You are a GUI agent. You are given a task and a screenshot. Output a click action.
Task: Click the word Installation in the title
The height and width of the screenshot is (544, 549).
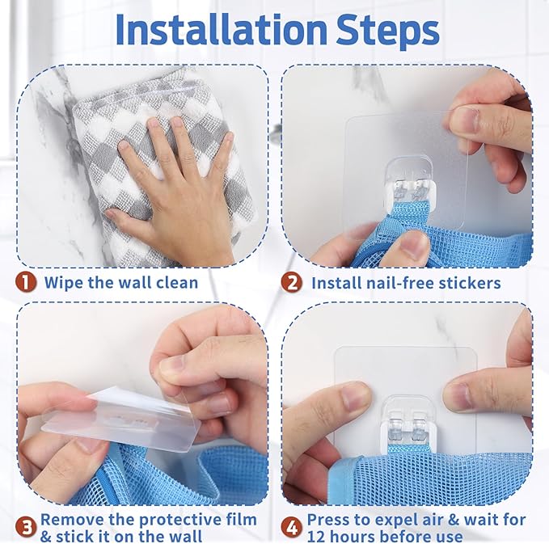pos(222,30)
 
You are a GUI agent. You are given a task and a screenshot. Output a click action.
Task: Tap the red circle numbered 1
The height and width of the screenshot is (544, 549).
pos(26,282)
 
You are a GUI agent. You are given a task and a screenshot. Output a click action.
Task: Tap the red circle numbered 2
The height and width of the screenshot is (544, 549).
pos(291,282)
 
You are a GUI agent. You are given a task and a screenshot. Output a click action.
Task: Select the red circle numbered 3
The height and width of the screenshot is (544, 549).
pos(26,528)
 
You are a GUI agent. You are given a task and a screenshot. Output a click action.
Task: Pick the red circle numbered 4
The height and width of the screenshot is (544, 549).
pos(291,528)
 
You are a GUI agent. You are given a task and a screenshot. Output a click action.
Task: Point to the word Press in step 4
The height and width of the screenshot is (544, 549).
pos(329,520)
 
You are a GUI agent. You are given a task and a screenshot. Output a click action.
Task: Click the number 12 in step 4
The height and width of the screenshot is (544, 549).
pos(316,537)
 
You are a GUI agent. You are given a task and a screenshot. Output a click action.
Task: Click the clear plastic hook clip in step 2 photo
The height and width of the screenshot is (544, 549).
pos(411,183)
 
